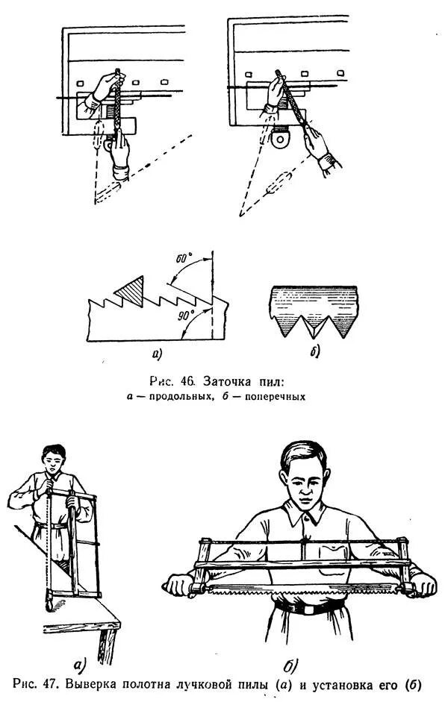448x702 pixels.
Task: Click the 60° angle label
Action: point(184,258)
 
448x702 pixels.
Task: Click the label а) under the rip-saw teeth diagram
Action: point(158,353)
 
